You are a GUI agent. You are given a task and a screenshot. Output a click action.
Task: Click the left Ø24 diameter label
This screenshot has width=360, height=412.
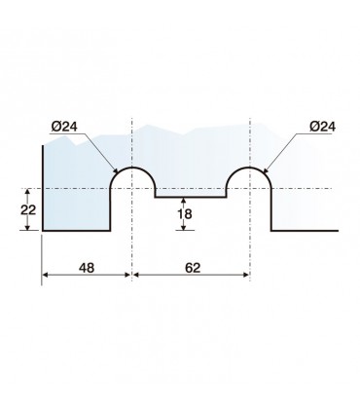click(x=64, y=127)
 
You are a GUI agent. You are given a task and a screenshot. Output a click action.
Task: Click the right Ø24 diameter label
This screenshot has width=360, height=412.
click(x=322, y=127)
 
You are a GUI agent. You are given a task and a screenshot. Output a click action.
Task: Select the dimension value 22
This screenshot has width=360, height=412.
click(x=28, y=210)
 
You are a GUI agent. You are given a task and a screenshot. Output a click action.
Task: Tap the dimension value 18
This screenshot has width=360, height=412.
click(x=184, y=214)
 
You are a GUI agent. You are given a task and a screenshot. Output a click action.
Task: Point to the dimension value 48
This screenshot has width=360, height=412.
click(x=87, y=268)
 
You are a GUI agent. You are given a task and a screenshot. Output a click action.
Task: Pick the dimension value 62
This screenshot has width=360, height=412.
click(x=193, y=268)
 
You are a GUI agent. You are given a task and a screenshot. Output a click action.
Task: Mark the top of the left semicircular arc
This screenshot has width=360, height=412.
click(x=132, y=168)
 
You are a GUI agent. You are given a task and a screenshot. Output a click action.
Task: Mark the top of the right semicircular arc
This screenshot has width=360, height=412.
click(x=249, y=168)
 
